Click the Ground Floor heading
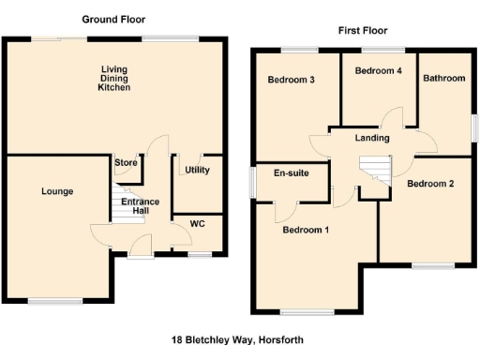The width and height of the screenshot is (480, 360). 113,19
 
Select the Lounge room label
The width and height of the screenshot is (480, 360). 57,191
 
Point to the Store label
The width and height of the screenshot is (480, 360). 126,163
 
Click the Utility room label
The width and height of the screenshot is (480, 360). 197,170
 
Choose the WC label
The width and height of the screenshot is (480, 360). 197,224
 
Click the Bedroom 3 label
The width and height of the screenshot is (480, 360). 291,80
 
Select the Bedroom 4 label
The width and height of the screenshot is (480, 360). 378,70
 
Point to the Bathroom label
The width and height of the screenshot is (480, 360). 443,79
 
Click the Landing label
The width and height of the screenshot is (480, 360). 372,139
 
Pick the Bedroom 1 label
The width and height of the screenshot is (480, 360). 306,230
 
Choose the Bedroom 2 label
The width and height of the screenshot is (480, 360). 430,184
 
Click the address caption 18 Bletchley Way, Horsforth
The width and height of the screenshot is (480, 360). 238,339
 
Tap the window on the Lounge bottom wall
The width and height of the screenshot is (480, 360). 53,300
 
